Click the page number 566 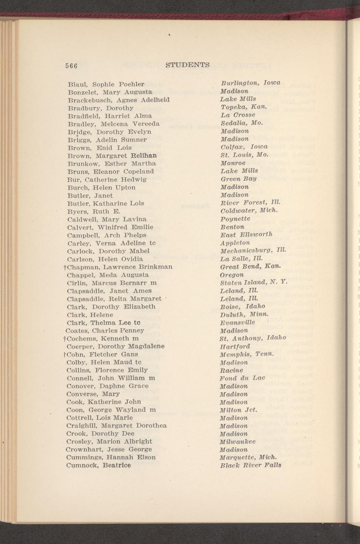[x=71, y=65]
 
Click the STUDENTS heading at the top [x=187, y=65]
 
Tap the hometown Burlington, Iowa [x=250, y=83]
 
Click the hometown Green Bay [x=239, y=179]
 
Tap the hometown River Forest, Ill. [x=250, y=203]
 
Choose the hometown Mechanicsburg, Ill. [x=253, y=250]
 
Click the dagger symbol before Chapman [x=64, y=266]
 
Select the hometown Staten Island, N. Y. [x=255, y=282]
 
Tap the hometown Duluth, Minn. [x=244, y=314]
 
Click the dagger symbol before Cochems [x=64, y=338]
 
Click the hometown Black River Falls [x=251, y=465]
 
